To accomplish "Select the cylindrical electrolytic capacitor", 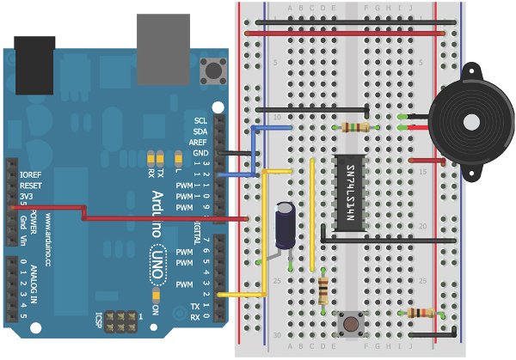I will [286, 226].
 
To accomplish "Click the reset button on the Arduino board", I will [210, 67].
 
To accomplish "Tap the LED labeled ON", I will [156, 297].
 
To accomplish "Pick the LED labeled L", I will [178, 158].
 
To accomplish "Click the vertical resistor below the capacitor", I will [322, 290].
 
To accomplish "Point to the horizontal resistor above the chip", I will [355, 127].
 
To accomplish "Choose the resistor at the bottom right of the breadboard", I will [421, 312].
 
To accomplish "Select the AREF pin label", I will [199, 142].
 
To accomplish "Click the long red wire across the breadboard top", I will [344, 34].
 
